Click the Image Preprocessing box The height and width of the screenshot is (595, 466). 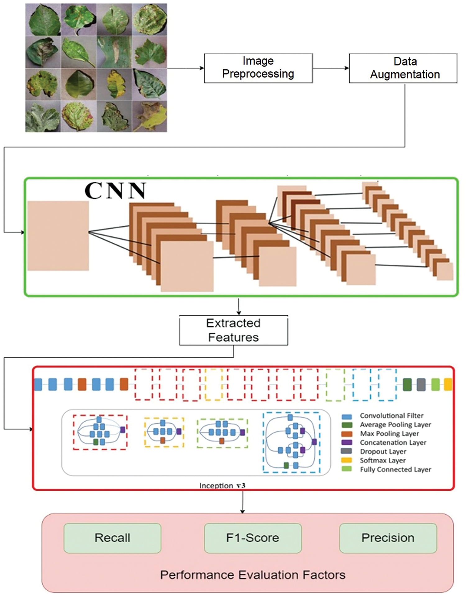[258, 68]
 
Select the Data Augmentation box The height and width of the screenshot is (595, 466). [403, 68]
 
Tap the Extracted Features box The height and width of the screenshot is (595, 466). [233, 330]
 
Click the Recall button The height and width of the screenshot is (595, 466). [112, 538]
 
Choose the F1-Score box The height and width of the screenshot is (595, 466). [253, 538]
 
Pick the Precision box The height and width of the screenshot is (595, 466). [388, 538]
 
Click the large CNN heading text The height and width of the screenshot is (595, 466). [115, 190]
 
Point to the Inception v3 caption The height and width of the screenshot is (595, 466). [222, 485]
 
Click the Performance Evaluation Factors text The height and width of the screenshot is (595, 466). [253, 575]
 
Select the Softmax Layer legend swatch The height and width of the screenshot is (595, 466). [346, 460]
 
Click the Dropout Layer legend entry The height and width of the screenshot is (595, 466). [383, 451]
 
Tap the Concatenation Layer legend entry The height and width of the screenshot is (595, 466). [393, 442]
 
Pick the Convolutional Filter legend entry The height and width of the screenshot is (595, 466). [391, 416]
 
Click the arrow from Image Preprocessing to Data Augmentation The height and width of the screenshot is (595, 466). [331, 68]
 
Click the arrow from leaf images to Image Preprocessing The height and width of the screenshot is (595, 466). [185, 68]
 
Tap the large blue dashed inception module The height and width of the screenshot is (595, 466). [291, 442]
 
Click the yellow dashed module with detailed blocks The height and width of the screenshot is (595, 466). [164, 432]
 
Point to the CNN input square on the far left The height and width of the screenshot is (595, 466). [58, 236]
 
